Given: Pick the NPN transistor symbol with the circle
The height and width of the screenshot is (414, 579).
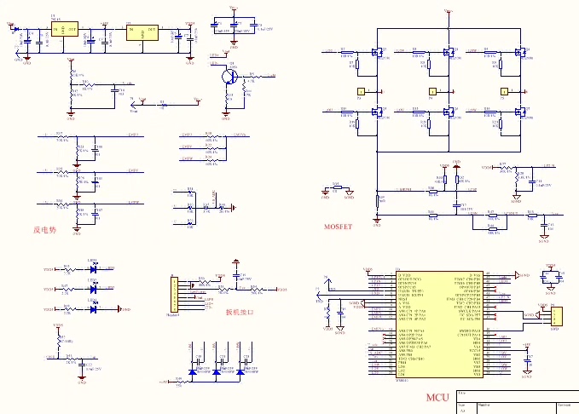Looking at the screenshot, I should [x=227, y=76].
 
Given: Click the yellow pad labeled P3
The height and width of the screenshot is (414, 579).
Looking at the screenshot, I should [x=360, y=90].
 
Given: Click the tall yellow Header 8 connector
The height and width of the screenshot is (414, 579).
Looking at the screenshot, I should [x=173, y=294].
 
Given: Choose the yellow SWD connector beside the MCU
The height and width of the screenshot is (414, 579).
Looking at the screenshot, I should [x=555, y=317].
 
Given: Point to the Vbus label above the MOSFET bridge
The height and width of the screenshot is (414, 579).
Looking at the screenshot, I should [x=449, y=9].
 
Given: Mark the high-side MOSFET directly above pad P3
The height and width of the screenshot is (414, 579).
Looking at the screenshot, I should [x=373, y=54].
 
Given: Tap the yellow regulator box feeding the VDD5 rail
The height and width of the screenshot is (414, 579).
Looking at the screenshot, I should [x=142, y=32].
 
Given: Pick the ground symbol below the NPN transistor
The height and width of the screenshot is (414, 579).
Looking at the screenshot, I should [x=227, y=116].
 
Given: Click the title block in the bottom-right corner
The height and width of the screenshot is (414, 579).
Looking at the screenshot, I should [x=515, y=402].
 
